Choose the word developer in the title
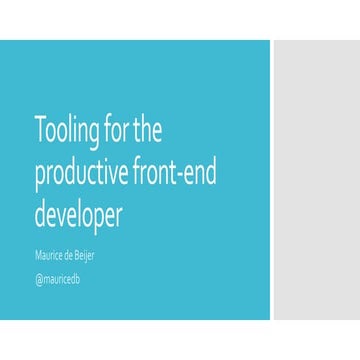pos(78,216)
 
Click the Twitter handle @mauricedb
pos(57,278)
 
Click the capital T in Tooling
pos(40,129)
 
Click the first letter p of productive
pos(39,177)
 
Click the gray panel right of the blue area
pos(316,180)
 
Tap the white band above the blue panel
pos(180,20)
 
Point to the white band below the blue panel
pos(180,340)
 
